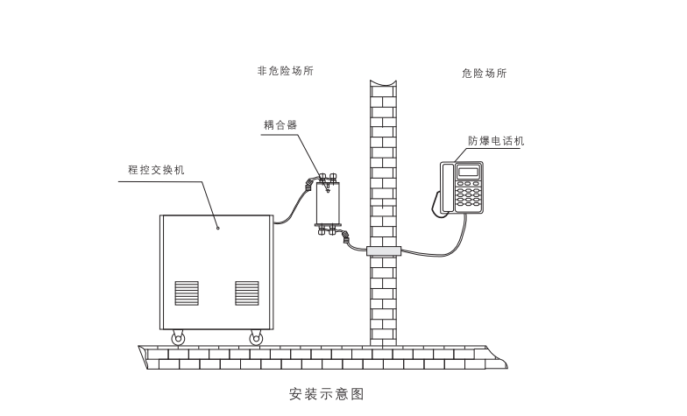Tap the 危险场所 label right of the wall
tap(484, 74)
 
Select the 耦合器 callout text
tap(280, 125)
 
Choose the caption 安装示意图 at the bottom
tap(325, 394)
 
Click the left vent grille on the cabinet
tap(187, 293)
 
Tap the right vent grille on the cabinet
tap(246, 293)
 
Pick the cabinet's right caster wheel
tap(256, 337)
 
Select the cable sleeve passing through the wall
tap(383, 251)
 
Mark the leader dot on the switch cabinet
tap(218, 228)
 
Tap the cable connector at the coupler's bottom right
tap(345, 236)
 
